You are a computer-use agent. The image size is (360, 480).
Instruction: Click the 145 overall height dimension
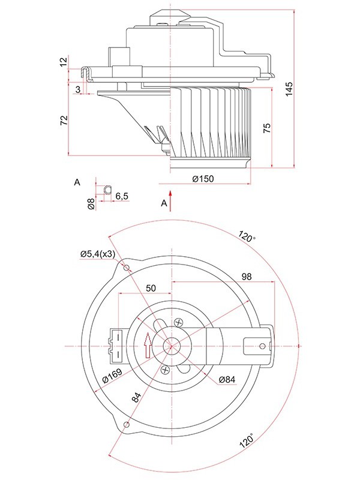click(290, 88)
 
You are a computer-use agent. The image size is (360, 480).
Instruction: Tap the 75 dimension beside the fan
click(267, 127)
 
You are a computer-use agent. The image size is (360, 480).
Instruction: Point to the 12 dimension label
click(64, 62)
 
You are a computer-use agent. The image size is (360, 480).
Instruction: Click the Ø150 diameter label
click(203, 178)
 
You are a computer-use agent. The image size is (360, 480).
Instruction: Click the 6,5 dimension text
click(122, 196)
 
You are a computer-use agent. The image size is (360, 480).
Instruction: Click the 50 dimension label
click(151, 288)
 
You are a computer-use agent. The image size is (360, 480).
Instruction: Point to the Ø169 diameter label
click(112, 377)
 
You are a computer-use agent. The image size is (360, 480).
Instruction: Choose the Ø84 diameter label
click(229, 379)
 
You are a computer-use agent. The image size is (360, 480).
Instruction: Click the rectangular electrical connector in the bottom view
click(118, 345)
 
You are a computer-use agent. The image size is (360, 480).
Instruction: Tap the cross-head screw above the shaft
click(178, 323)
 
